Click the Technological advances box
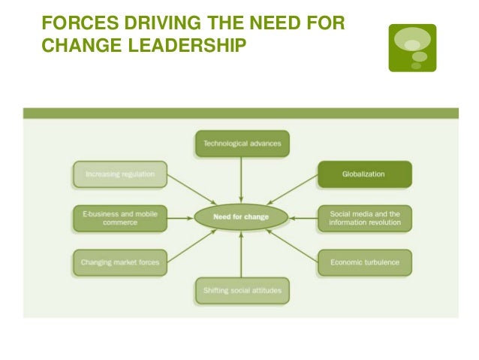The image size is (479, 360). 241,144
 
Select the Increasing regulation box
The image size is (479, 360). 120,174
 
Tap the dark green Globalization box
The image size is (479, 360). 364,174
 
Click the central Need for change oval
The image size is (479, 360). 241,217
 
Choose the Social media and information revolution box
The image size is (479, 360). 365,218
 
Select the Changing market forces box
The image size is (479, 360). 120,262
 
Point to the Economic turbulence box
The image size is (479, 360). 365,262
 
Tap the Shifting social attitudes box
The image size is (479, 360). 241,289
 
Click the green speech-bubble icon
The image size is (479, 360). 412,47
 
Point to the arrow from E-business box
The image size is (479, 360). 179,218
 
